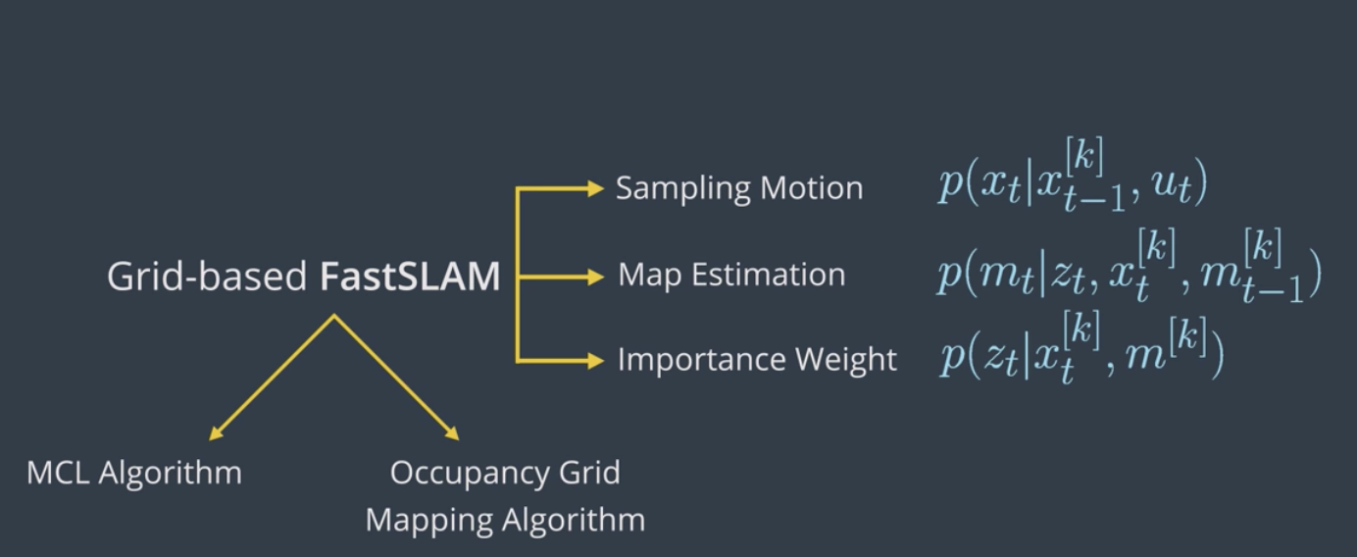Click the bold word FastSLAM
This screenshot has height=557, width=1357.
click(x=410, y=277)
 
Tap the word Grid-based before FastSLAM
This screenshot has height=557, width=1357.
click(x=207, y=277)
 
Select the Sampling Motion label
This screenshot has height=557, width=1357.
click(x=739, y=189)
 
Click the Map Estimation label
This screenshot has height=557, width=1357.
click(x=731, y=275)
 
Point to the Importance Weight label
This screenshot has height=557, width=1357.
click(x=757, y=360)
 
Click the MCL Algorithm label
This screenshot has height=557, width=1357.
click(x=134, y=473)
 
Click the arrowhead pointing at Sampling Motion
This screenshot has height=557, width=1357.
click(x=595, y=188)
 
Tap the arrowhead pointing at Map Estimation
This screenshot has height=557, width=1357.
click(x=595, y=277)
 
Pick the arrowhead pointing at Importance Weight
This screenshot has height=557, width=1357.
click(x=595, y=361)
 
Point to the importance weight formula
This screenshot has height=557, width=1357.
click(x=1081, y=348)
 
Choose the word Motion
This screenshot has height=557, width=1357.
click(x=812, y=188)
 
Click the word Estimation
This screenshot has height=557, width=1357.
click(x=769, y=275)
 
